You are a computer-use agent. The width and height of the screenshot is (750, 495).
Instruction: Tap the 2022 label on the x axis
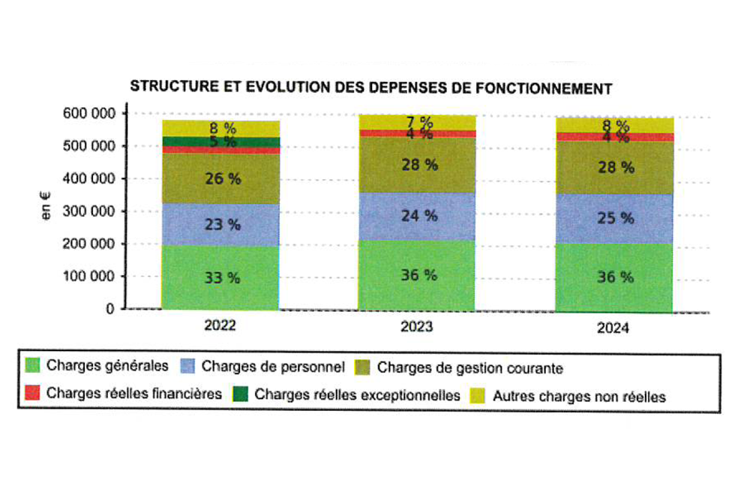pos(219,326)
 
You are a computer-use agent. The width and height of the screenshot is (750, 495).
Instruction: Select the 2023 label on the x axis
pos(416,327)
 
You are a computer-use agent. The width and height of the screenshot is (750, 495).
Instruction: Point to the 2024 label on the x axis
pos(613,328)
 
